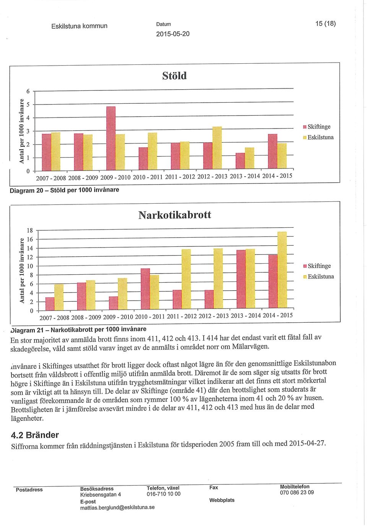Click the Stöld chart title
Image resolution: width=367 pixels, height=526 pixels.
tap(174, 76)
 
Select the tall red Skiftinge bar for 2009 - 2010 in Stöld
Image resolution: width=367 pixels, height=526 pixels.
tap(111, 138)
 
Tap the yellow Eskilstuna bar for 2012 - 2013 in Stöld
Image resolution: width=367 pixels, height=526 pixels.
tap(217, 148)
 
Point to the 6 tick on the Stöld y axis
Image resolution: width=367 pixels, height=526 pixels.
tap(28, 91)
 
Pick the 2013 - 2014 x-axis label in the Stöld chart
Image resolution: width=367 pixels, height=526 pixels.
tap(245, 176)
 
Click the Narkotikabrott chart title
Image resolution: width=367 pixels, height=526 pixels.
tap(175, 215)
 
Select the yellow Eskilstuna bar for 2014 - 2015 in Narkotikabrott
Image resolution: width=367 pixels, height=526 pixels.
tap(282, 270)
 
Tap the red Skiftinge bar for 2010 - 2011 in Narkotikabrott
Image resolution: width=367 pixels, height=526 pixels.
tap(145, 289)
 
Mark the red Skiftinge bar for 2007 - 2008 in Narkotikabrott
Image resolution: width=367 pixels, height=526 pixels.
tap(50, 304)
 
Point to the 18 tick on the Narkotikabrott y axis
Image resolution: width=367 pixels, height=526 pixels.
tap(29, 230)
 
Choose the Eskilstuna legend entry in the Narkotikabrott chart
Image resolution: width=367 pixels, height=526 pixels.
tap(318, 277)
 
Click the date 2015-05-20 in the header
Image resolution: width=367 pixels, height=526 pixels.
tap(173, 34)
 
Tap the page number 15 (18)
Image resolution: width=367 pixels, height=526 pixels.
tap(326, 24)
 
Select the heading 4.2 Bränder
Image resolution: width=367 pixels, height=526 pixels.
tap(35, 435)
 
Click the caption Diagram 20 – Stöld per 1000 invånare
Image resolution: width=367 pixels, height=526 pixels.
tap(64, 190)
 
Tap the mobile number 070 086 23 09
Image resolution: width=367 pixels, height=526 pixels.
tap(297, 492)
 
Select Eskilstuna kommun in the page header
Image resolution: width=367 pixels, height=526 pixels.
tap(80, 26)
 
